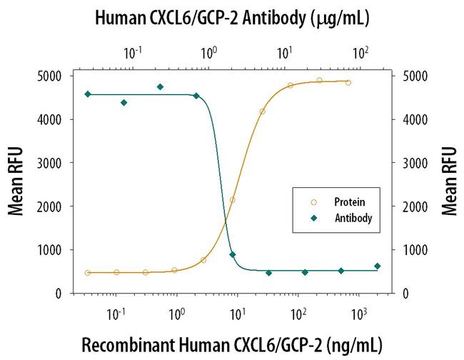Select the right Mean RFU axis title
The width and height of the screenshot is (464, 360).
[x=449, y=181]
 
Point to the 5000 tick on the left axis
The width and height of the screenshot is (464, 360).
[x=55, y=76]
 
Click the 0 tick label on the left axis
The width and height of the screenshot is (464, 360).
[x=63, y=294]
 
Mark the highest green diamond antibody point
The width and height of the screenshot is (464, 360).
[x=160, y=87]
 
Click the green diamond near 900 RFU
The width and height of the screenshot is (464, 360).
[x=232, y=254]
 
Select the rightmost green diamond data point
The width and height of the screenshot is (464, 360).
[x=378, y=266]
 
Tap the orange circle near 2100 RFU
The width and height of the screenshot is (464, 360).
[x=233, y=200]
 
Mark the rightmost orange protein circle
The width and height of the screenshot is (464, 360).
[x=348, y=83]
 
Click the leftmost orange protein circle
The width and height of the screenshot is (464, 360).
[x=87, y=273]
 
